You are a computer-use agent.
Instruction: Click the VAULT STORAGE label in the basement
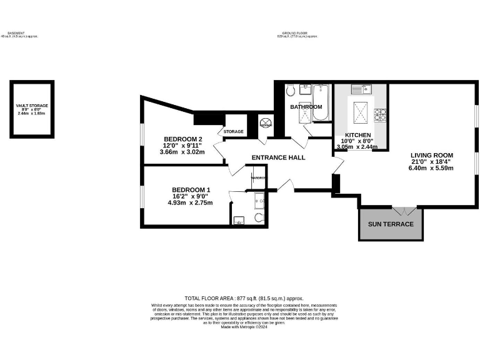pos(32,106)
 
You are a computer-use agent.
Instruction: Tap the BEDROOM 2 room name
pos(183,139)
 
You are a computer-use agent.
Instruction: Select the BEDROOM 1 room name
pos(191,189)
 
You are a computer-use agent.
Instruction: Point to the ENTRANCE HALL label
pos(278,157)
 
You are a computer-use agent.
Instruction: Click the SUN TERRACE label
pos(391,224)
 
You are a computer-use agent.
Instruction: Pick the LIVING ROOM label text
pos(431,155)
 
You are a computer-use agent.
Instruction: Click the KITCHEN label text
pos(358,135)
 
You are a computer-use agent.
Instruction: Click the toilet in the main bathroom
pos(291,91)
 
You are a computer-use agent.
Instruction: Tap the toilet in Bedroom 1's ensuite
pos(259,217)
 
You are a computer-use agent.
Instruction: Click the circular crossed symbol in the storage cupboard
pos(266,124)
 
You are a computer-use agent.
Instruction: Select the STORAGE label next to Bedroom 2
pos(233,132)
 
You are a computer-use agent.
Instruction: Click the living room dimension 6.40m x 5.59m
pos(431,169)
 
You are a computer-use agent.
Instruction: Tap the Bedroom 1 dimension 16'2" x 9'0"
pos(191,196)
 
